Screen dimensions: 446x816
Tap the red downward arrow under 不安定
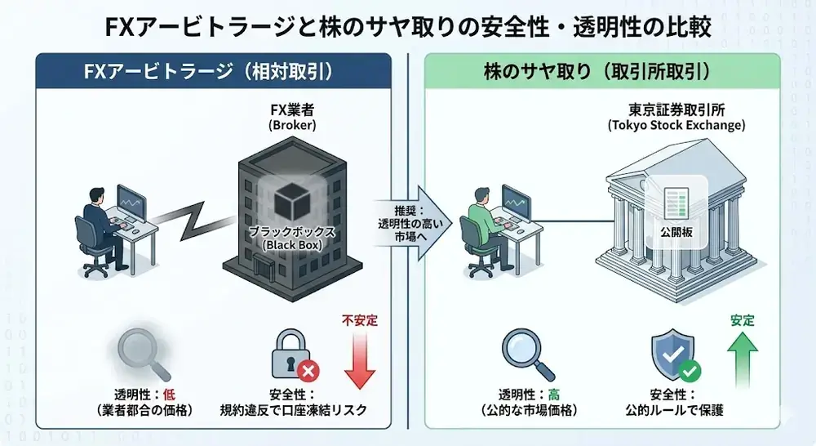pos(359,359)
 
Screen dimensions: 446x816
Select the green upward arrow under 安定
pos(742,359)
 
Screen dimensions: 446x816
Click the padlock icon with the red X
pos(290,354)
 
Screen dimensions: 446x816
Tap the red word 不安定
pos(359,321)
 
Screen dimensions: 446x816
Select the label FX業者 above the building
pos(291,109)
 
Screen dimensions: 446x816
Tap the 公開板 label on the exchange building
pos(676,231)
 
